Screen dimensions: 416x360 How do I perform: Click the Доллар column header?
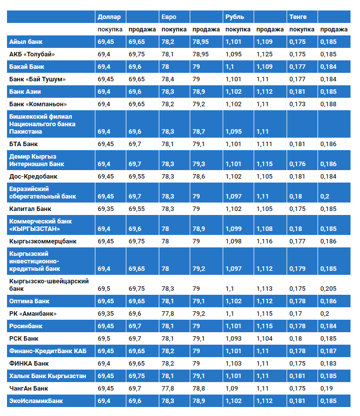coord(109,17)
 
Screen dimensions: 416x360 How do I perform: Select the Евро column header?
coord(169,17)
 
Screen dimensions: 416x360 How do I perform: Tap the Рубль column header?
coord(235,17)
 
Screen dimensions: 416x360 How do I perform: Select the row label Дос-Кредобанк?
coord(33,177)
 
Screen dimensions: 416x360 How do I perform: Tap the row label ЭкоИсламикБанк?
coord(36,401)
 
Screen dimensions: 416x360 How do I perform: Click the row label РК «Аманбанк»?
coord(33,314)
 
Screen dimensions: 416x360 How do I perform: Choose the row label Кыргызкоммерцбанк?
coord(43,241)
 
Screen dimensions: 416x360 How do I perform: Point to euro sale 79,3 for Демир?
coord(199,164)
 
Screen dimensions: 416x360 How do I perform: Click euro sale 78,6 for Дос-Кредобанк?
coord(199,177)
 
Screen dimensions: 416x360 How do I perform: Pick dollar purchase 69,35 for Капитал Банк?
coord(105,209)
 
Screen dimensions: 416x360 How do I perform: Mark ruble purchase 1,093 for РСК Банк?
coord(234,339)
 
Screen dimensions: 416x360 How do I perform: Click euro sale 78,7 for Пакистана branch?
coord(199,132)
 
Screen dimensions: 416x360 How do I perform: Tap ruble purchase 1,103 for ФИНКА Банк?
coord(234,364)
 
